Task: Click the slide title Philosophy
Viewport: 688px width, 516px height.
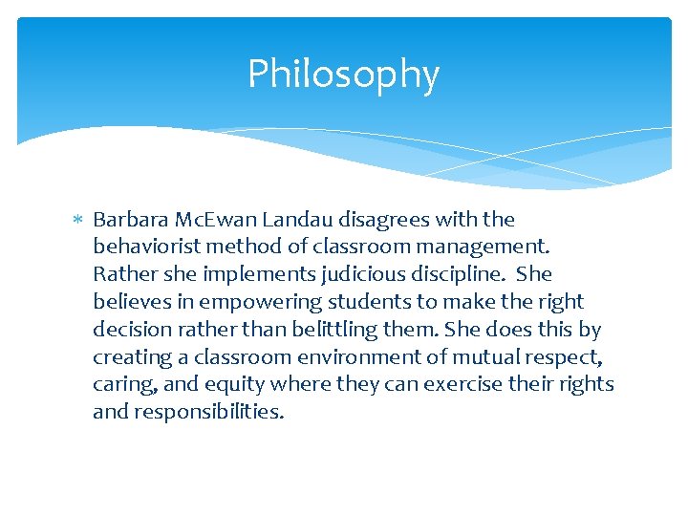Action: click(x=343, y=75)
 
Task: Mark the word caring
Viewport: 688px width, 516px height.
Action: click(x=120, y=385)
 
